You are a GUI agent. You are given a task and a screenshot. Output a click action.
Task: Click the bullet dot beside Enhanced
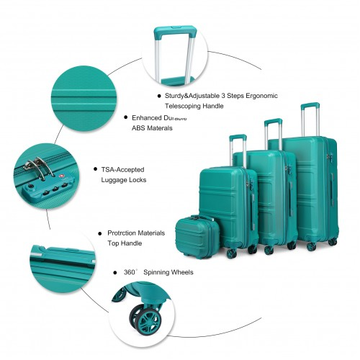[125, 116]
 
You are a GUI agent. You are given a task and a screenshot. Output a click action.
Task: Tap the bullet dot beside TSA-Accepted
[94, 168]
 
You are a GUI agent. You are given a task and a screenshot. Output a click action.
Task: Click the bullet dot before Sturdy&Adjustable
[158, 95]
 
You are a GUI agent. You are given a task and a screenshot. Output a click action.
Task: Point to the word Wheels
[182, 273]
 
